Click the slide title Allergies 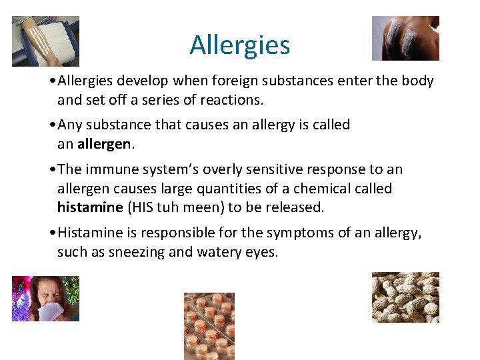tap(240, 45)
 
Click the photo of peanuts tap(405, 297)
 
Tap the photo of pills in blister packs tap(209, 325)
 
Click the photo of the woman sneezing tap(45, 299)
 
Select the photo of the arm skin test tap(45, 41)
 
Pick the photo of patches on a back tap(405, 38)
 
